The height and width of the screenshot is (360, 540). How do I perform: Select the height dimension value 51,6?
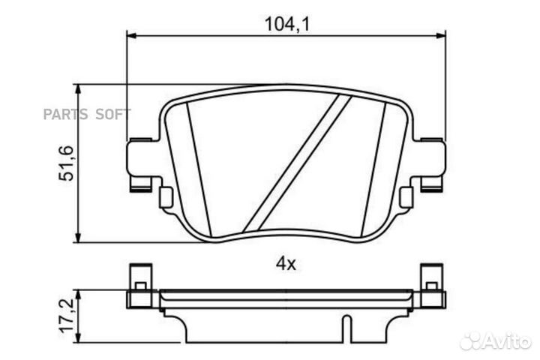pyautogui.click(x=67, y=163)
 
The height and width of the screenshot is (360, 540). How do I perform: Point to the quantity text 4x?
pyautogui.click(x=286, y=264)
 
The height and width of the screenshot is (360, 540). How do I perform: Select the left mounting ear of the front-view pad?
pyautogui.click(x=142, y=161)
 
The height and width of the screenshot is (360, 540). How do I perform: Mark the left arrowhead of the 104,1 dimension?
pyautogui.click(x=131, y=34)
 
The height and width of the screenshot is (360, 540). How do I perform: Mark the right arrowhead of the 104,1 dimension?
pyautogui.click(x=440, y=34)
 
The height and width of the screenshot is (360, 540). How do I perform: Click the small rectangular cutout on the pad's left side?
pyautogui.click(x=166, y=197)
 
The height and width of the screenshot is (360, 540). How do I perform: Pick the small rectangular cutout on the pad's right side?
pyautogui.click(x=406, y=197)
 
